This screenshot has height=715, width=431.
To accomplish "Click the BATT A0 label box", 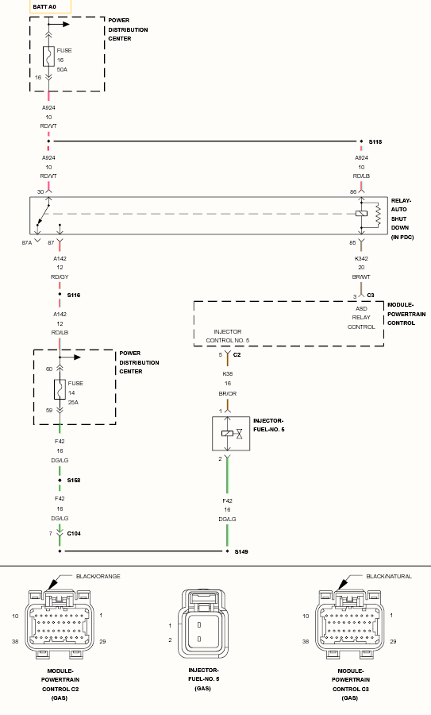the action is [x=50, y=6].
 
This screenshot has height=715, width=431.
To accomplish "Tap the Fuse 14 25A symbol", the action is [x=60, y=389].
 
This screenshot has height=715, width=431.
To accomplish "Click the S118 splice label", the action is [x=375, y=142].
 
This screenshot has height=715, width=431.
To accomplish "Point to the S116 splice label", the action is [x=73, y=295].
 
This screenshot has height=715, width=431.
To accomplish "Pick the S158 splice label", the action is [x=73, y=480].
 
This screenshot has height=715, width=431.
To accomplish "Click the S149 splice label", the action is [x=241, y=552].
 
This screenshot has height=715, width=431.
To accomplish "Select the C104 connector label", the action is [x=74, y=534].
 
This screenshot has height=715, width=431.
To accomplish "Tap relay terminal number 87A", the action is [x=27, y=242].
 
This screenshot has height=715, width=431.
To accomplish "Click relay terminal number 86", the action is [x=353, y=192].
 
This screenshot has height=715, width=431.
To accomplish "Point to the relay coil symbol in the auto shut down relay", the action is [x=361, y=214].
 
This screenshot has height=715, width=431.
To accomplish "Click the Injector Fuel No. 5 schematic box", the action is [x=231, y=434].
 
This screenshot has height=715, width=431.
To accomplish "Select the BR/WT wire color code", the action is [x=361, y=276].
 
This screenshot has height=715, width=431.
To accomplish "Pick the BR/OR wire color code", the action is [x=227, y=393].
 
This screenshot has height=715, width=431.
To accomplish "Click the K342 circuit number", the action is [x=361, y=258].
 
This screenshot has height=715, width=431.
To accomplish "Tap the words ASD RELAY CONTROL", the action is [x=361, y=318].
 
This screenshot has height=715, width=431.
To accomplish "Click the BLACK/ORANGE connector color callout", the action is [x=98, y=577].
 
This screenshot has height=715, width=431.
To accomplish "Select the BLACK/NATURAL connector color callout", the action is [x=389, y=577].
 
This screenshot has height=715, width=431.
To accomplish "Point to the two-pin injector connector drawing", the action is [x=203, y=624].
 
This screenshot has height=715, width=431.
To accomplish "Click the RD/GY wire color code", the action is [x=60, y=276].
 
